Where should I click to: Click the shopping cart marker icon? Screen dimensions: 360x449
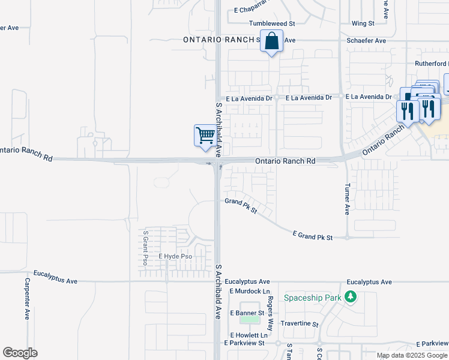click(x=205, y=135)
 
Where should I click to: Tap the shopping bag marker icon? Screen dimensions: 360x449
click(x=271, y=41)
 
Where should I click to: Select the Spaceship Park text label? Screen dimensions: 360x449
click(x=312, y=298)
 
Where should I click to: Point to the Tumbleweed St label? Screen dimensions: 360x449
click(x=272, y=23)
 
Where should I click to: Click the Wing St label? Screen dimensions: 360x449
click(x=363, y=23)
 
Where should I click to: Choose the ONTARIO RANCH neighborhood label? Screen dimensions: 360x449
click(x=221, y=40)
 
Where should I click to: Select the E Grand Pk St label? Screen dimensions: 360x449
click(x=312, y=236)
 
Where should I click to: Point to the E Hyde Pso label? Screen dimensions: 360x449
click(x=175, y=256)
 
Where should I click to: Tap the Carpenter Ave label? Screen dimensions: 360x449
click(x=27, y=298)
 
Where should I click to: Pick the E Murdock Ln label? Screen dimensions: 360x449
click(x=247, y=291)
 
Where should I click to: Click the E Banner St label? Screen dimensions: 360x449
click(x=247, y=313)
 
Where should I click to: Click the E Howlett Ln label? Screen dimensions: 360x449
click(x=248, y=335)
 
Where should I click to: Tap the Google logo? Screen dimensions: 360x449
click(x=20, y=353)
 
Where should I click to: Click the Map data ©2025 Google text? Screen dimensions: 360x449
click(x=411, y=355)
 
